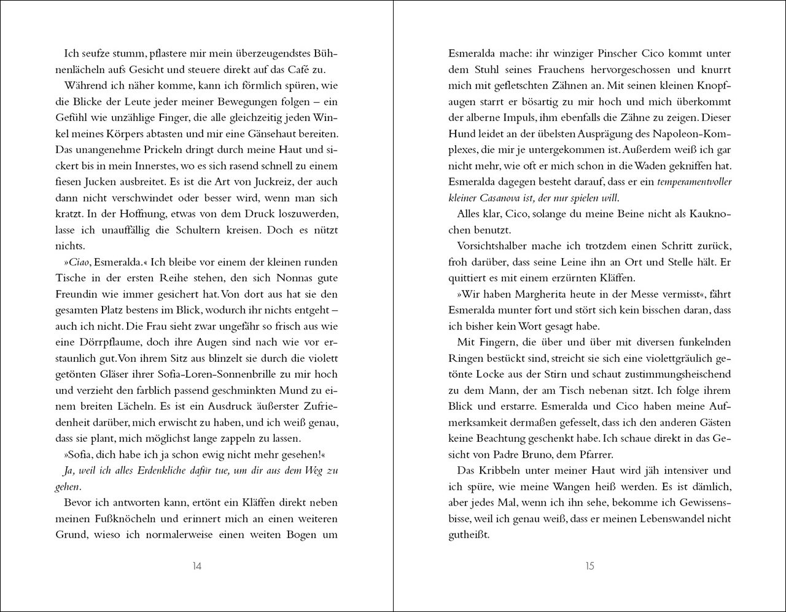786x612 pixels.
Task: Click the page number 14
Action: point(196,567)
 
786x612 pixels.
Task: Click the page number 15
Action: point(589,567)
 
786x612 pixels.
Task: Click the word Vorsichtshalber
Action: point(495,246)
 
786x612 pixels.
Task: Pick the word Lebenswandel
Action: point(675,519)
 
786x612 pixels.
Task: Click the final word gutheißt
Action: point(469,535)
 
